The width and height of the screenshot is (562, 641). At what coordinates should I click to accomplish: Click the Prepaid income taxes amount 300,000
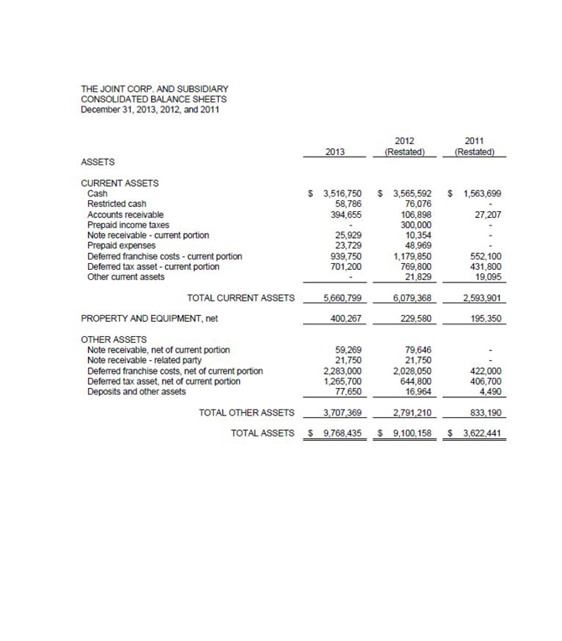pos(414,225)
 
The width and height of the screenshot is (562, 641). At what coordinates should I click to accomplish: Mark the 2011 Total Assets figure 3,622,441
pos(479,433)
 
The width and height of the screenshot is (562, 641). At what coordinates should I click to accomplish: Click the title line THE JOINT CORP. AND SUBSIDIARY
pos(154,89)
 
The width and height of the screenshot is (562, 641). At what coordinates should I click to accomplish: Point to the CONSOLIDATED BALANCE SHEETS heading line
pos(153,99)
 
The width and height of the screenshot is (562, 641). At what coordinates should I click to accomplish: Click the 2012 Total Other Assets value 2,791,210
pos(410,412)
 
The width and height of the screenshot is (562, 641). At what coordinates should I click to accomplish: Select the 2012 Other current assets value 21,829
pos(417,277)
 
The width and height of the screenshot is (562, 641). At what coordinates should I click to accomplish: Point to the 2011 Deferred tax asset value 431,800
pos(484,267)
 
